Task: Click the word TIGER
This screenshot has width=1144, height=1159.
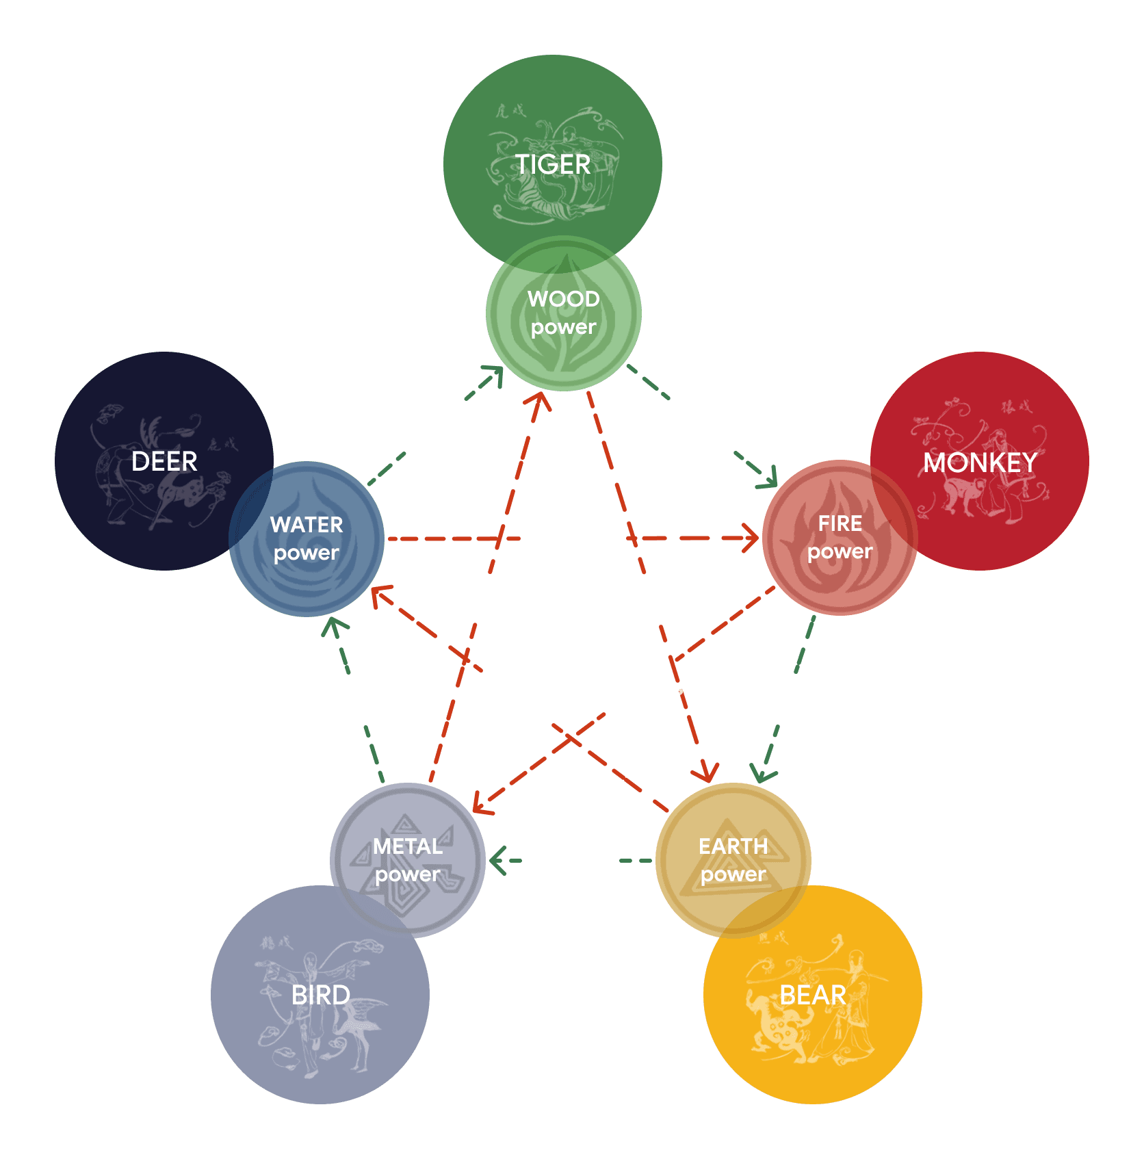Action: pos(552,164)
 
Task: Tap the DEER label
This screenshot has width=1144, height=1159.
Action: pos(164,461)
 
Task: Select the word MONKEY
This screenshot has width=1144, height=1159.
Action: pos(980,463)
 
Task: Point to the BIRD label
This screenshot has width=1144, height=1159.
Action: pos(320,995)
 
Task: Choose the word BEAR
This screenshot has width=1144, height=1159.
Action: pos(813,995)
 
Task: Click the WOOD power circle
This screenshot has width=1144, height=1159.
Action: pos(564,313)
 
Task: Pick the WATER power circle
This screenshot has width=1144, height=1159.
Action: pos(307,539)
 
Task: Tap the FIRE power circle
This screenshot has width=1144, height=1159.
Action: pos(840,538)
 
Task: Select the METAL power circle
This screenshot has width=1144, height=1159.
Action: pos(408,860)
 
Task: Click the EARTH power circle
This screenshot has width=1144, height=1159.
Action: pos(733,860)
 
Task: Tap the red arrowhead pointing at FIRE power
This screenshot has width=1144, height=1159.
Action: pos(750,538)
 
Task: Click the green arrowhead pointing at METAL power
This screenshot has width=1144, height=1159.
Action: pos(498,861)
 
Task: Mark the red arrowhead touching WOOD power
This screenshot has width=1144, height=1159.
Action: pos(540,400)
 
